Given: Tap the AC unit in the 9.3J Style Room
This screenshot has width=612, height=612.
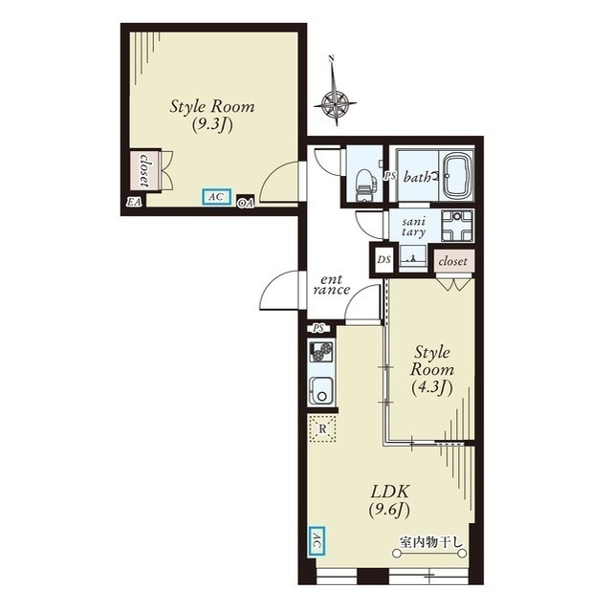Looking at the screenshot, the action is (217, 197).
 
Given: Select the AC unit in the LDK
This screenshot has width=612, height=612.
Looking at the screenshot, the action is (317, 541).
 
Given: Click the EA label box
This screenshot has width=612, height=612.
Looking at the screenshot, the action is (134, 202).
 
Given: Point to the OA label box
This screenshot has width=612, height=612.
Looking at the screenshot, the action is (246, 203).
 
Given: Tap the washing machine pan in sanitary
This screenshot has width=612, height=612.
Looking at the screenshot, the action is (457, 226).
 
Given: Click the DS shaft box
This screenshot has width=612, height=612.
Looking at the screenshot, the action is (383, 259).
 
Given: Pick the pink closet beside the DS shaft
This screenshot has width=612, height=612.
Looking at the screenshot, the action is (453, 261).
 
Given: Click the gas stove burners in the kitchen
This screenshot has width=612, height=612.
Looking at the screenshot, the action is (321, 352).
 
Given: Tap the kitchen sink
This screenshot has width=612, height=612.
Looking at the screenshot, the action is (321, 391).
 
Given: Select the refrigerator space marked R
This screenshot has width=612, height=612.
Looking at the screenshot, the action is (322, 428).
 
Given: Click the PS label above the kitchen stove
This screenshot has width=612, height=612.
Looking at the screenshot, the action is (318, 329).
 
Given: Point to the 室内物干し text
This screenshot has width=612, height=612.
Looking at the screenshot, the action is (430, 542).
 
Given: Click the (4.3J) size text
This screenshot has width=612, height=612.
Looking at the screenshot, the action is (432, 388).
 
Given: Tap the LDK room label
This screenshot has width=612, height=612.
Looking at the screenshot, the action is (389, 492).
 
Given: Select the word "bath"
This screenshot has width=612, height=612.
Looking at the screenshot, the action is (416, 178).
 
